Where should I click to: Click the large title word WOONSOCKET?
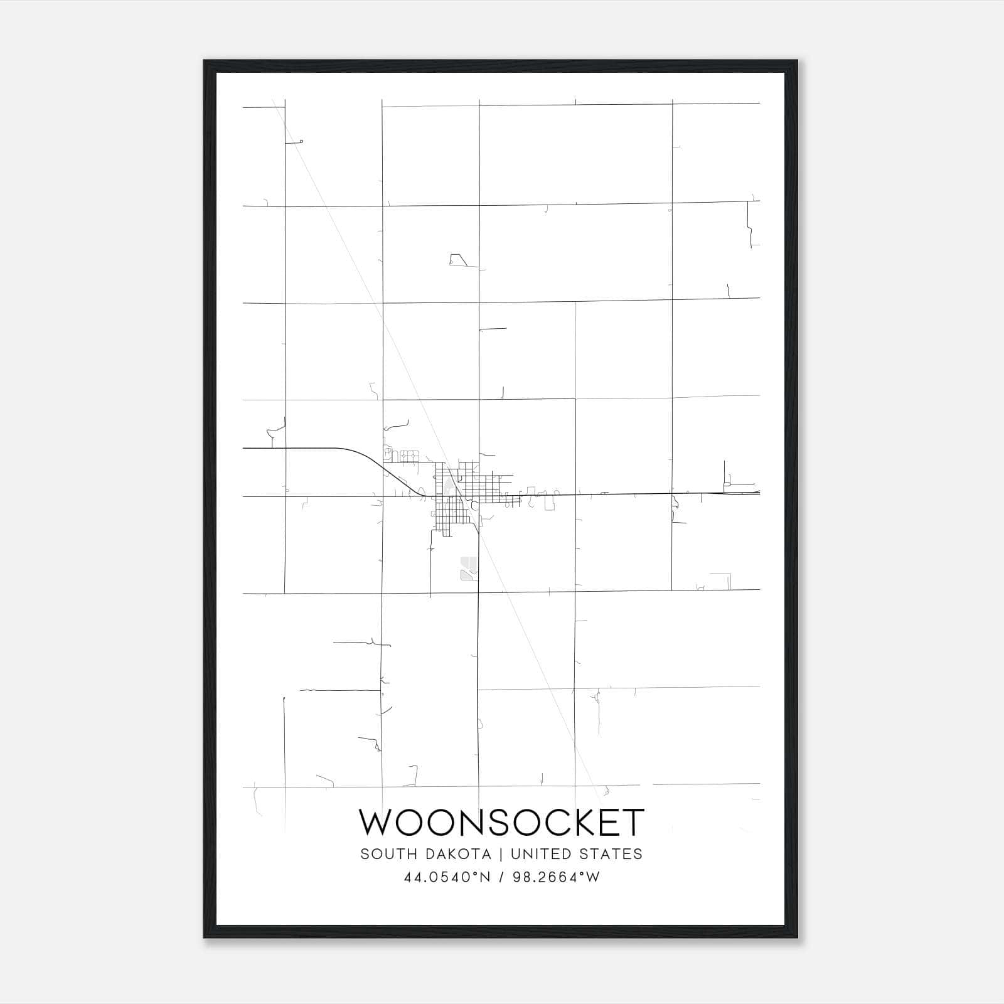(501, 823)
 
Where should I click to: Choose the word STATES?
(612, 854)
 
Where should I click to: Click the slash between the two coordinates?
(501, 877)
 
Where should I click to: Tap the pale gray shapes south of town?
(467, 567)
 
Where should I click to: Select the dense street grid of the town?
(458, 496)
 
